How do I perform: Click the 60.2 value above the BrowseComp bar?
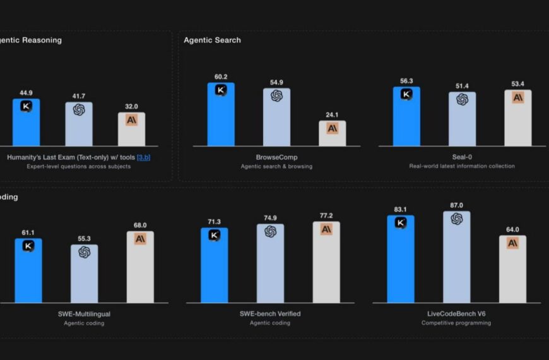click(x=221, y=77)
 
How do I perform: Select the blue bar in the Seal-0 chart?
click(x=406, y=120)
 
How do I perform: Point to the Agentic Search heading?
click(x=212, y=40)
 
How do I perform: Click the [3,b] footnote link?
click(x=143, y=157)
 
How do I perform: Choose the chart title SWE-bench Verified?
click(x=270, y=314)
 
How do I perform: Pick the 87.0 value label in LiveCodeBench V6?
click(x=457, y=205)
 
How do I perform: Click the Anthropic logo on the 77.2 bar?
click(x=326, y=229)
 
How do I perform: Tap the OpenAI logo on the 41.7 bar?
click(x=79, y=110)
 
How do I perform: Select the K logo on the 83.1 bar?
click(x=401, y=222)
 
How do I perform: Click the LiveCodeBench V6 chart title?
click(x=456, y=314)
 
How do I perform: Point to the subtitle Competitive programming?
click(x=456, y=323)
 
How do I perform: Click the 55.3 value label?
click(x=84, y=239)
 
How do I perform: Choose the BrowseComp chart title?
click(x=276, y=157)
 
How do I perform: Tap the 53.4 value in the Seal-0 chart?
click(x=518, y=84)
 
